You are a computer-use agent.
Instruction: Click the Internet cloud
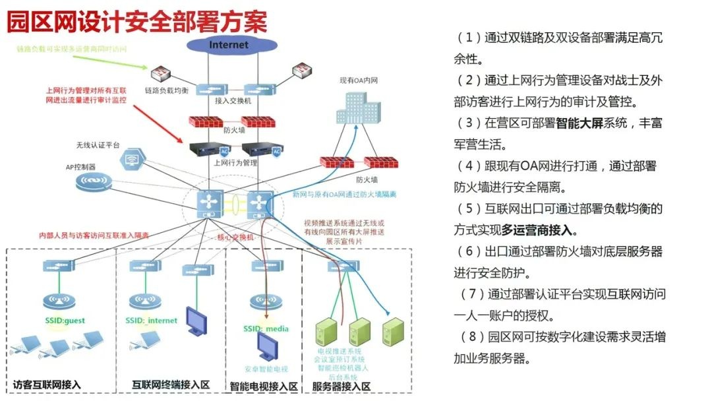[229, 45]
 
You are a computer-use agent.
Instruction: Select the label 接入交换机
[233, 101]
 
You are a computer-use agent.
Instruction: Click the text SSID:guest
[61, 321]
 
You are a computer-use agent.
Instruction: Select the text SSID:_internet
[151, 321]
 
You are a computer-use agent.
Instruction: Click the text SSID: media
[266, 328]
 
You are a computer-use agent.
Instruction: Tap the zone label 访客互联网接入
[47, 385]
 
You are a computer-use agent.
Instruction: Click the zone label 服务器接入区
[341, 386]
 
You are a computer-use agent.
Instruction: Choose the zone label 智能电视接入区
[264, 386]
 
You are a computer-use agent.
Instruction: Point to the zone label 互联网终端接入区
[171, 385]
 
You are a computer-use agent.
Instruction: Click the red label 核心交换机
[236, 236]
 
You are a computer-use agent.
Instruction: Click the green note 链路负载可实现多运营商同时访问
[71, 49]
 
